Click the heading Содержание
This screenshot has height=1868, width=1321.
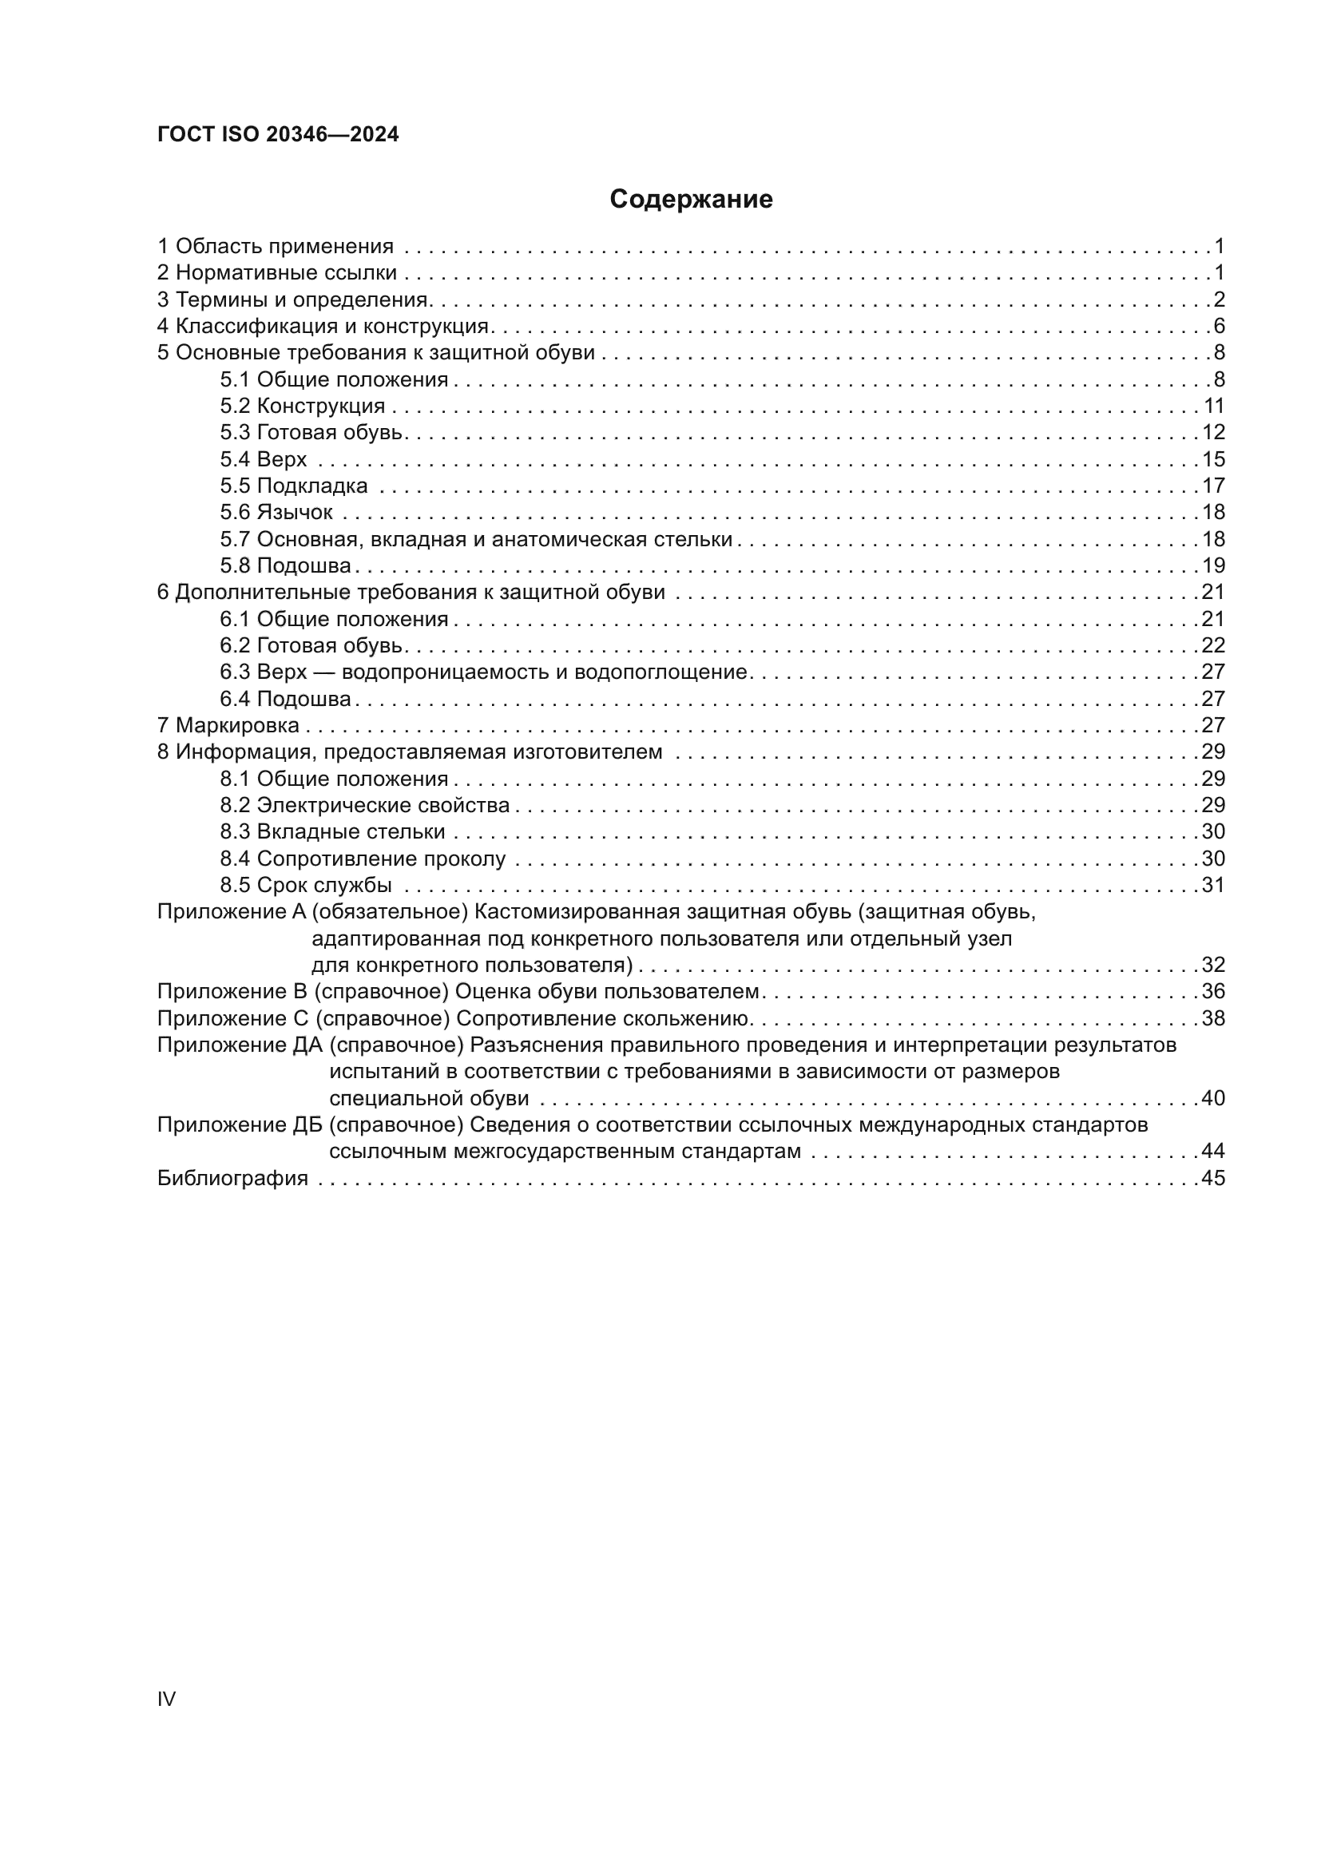pos(691,200)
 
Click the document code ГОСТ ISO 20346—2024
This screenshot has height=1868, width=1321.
pos(277,135)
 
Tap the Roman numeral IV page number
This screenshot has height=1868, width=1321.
pos(166,1699)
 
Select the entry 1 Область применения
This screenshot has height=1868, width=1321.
pos(275,246)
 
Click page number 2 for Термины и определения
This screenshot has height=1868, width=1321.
pos(1219,299)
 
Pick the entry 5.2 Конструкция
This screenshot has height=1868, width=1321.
pos(302,406)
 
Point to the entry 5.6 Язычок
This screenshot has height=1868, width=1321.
pos(276,513)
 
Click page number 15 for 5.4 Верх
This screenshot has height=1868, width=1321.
pos(1213,459)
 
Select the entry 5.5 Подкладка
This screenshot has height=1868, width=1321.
pos(293,486)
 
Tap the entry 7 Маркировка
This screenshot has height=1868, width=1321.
pos(228,725)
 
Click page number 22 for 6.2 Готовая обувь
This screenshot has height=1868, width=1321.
pos(1213,645)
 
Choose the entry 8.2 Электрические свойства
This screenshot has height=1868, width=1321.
pos(364,806)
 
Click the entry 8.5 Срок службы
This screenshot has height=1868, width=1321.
pos(306,885)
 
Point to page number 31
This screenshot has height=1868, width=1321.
pos(1213,885)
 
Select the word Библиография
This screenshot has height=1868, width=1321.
pos(232,1178)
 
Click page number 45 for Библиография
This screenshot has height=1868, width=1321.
pos(1213,1178)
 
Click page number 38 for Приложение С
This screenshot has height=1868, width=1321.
pos(1213,1018)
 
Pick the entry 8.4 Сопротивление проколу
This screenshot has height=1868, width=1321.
pos(363,859)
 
